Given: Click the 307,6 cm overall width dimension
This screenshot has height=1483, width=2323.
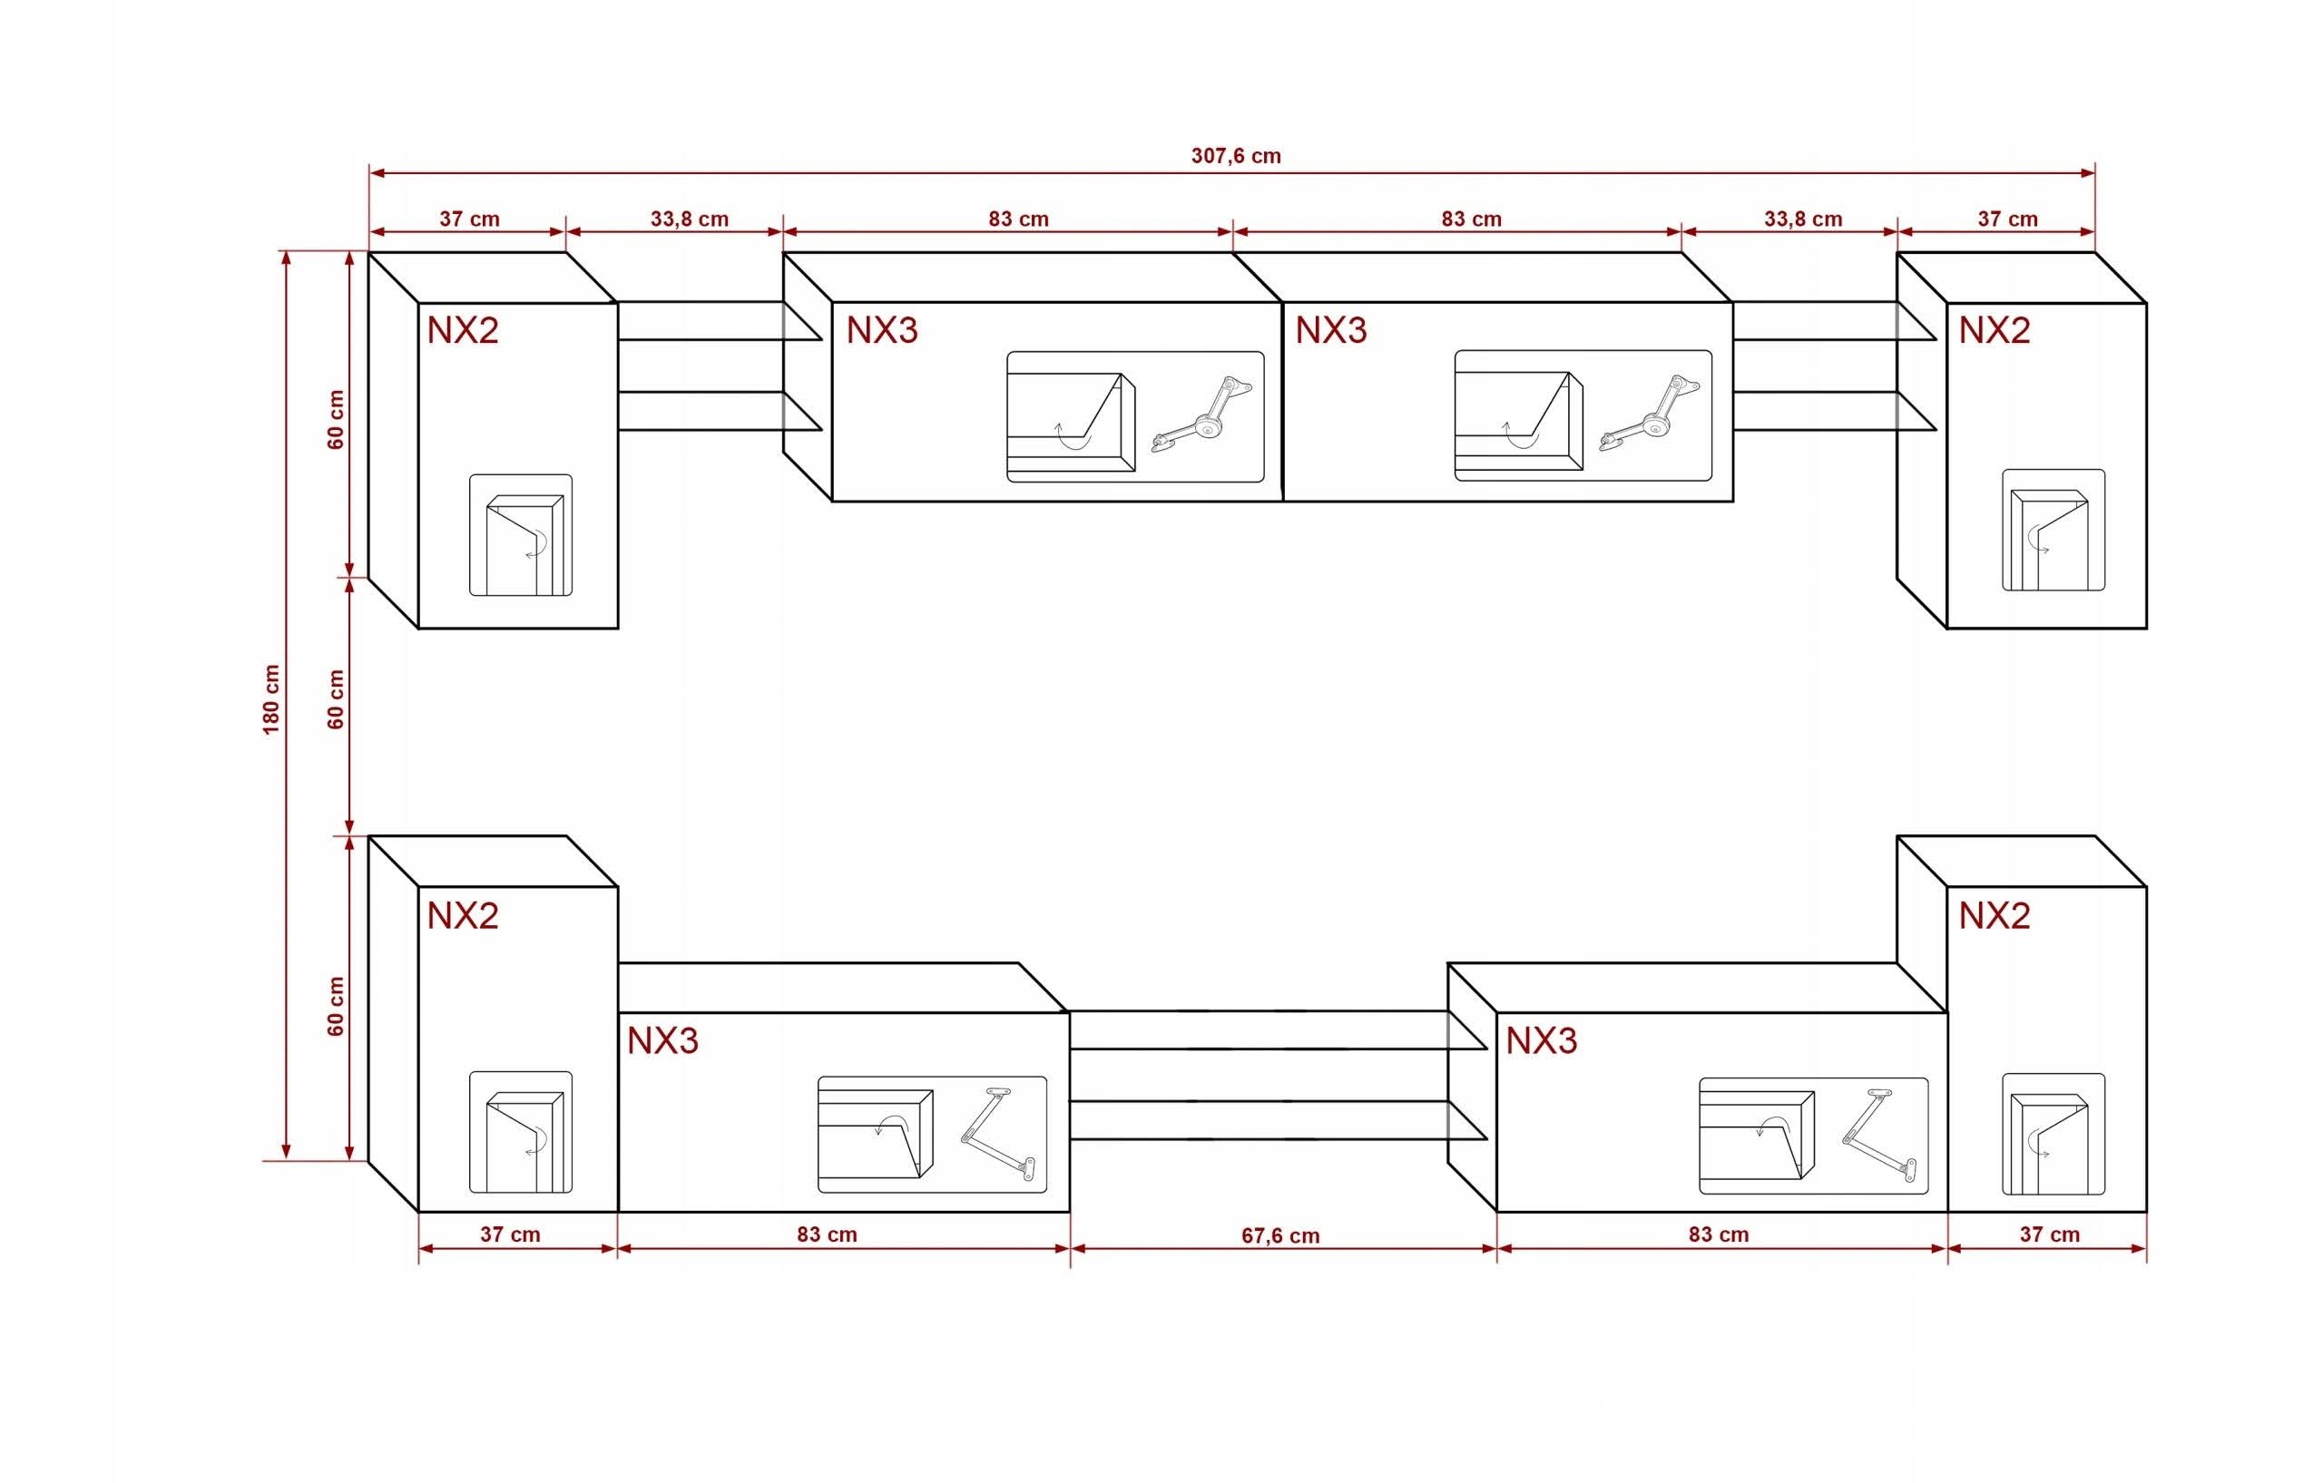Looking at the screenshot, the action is coord(1236,156).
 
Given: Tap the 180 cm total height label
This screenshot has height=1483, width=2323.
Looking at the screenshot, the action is coord(271,699).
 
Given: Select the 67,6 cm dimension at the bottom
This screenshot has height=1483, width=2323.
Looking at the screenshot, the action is coord(1280,1236).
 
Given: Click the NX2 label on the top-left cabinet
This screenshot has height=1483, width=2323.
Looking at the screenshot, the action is coord(463,331).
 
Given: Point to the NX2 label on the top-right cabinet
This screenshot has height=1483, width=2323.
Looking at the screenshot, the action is coord(1994,331).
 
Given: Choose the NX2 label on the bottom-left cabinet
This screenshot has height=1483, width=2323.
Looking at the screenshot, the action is coord(463,915).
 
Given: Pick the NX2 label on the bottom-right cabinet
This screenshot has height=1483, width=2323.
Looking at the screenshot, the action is coord(1994,915).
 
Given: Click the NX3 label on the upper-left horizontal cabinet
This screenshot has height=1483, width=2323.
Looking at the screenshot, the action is coord(882,331).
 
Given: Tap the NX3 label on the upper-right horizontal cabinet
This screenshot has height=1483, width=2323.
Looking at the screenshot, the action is coord(1331,331).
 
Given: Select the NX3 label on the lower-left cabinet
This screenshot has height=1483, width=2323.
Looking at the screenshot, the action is coord(662,1040).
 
